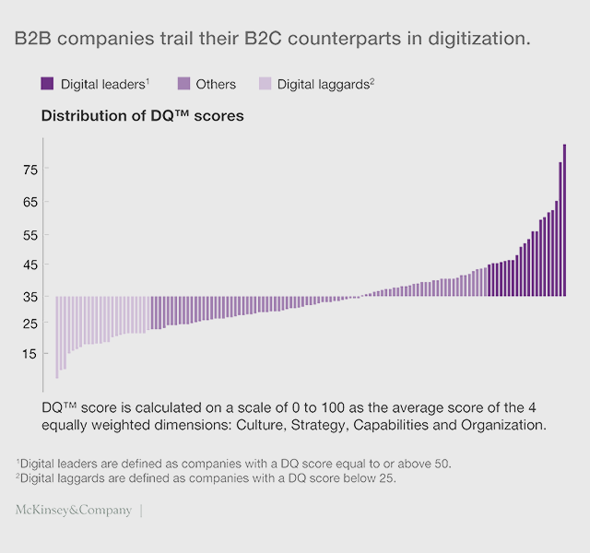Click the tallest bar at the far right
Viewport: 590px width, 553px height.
[564, 221]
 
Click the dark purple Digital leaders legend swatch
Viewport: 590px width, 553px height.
[47, 84]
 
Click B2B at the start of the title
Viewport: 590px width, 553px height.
[34, 40]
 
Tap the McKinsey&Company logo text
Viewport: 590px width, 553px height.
[74, 510]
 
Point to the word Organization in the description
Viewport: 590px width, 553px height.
[504, 425]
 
